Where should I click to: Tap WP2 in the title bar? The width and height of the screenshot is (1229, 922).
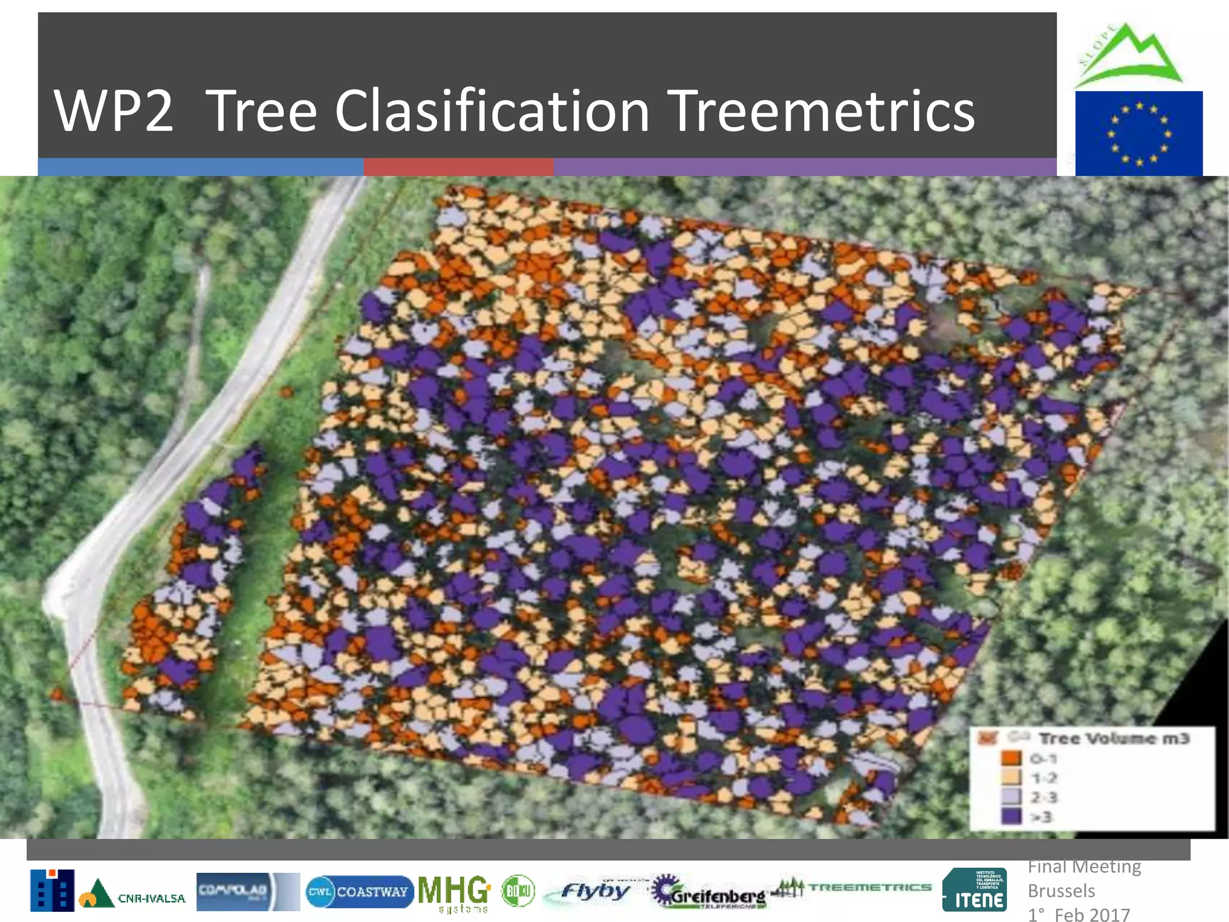point(113,111)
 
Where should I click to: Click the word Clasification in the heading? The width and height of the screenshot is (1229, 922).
point(492,111)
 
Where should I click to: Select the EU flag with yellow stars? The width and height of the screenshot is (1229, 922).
point(1138,133)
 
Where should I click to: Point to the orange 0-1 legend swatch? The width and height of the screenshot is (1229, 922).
point(1011,758)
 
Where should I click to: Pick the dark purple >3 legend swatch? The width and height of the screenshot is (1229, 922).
point(1011,816)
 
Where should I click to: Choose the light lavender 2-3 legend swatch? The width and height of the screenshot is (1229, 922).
point(1011,797)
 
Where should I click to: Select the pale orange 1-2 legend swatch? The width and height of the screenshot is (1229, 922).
point(1011,777)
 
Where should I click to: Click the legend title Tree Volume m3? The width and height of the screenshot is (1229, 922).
point(1113,738)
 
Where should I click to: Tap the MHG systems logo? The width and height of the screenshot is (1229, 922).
point(454,893)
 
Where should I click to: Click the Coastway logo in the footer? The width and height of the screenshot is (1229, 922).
point(359,892)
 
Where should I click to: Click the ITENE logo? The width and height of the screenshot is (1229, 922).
point(974,890)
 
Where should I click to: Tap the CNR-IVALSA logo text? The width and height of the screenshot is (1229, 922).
point(151,898)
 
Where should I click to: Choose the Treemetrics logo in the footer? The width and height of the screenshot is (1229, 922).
point(852,887)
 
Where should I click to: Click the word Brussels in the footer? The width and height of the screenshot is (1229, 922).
point(1061,891)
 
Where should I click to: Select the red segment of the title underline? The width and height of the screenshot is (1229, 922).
point(458,167)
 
